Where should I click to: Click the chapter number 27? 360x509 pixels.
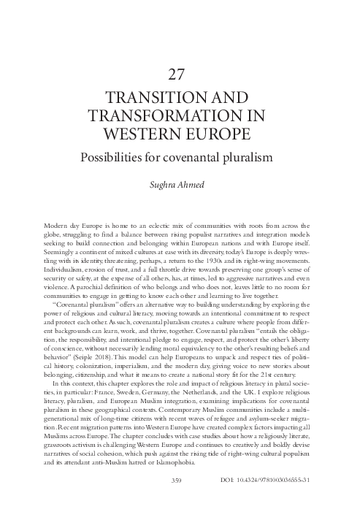[180, 74]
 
